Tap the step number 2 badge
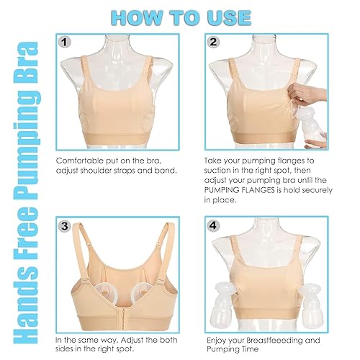point(214,42)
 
